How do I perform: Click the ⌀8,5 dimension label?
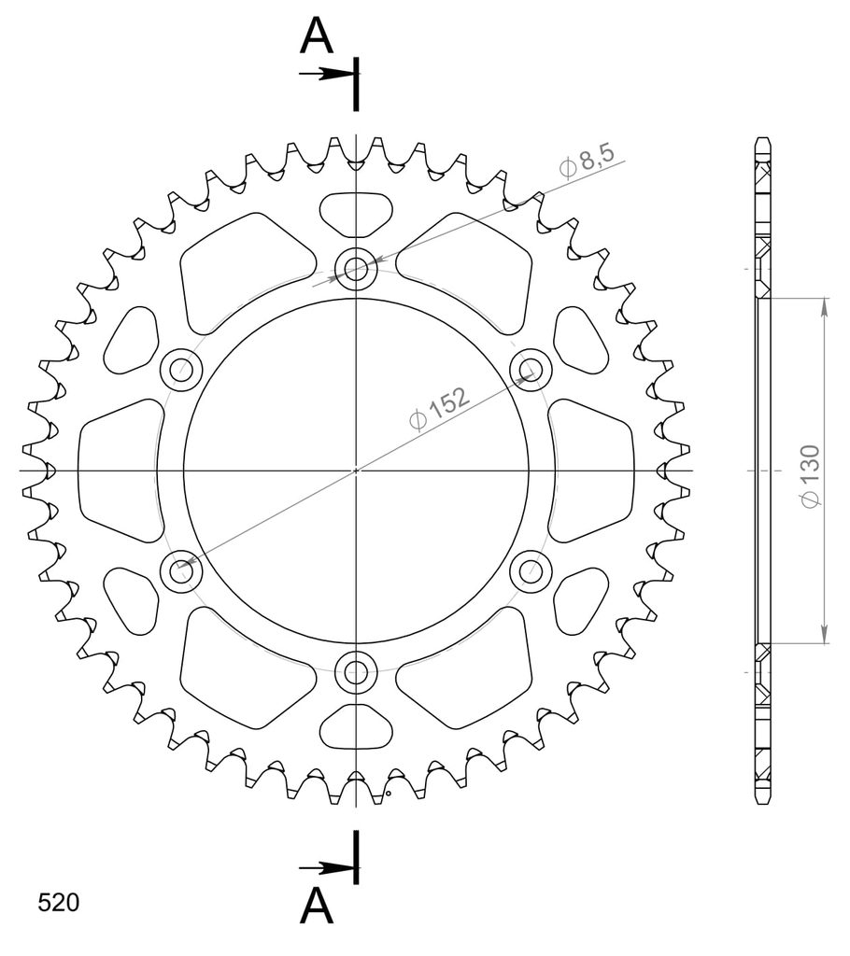click(587, 161)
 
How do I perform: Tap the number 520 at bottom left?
click(59, 903)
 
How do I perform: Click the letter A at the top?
click(316, 35)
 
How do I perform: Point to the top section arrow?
click(326, 74)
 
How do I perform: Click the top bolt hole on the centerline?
click(356, 268)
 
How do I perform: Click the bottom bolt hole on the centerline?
click(356, 673)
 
